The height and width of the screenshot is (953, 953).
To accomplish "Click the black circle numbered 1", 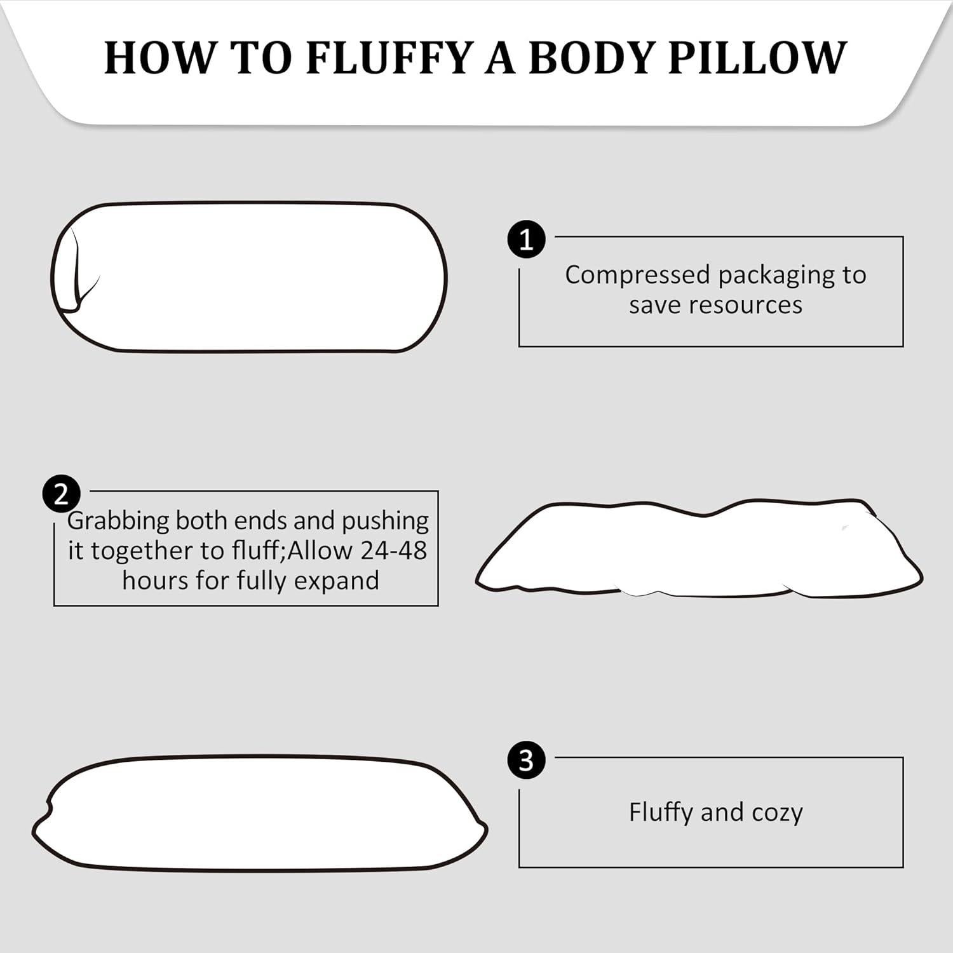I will tap(526, 240).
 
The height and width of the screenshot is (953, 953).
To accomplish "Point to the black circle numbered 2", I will tap(61, 494).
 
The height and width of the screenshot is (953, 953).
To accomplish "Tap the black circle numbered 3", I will tap(526, 760).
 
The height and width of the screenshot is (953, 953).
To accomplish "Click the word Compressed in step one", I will tap(637, 276).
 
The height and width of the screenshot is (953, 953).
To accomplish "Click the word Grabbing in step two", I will tap(118, 521).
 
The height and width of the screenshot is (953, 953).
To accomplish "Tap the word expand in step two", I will tap(343, 581).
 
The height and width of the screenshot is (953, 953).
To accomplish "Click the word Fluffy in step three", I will tap(661, 813).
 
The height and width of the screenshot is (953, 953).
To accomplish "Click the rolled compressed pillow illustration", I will tap(254, 277).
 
